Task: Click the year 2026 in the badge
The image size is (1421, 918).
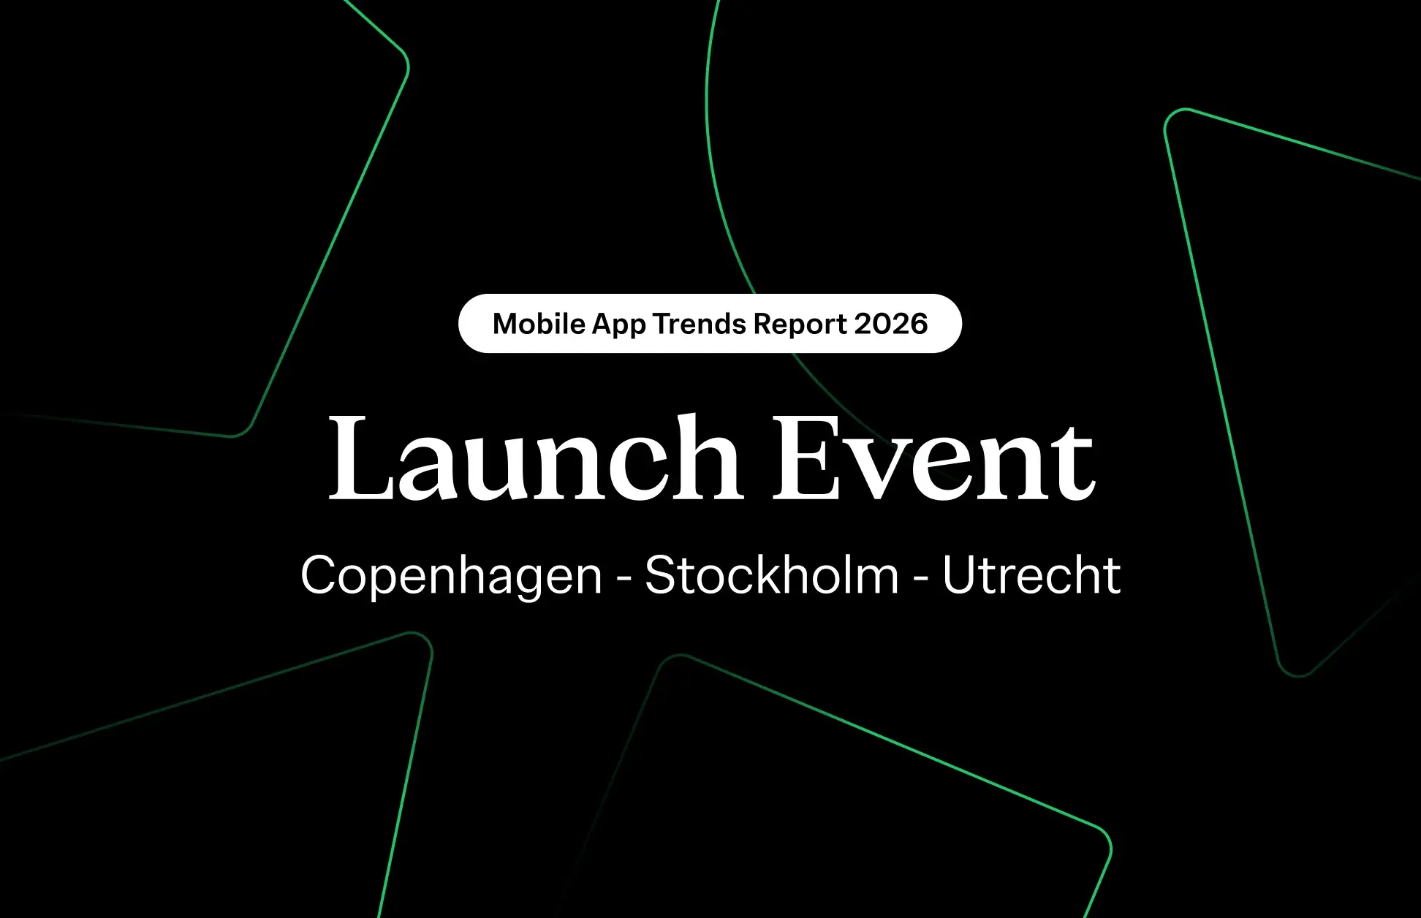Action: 891,324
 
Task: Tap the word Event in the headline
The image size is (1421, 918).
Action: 934,458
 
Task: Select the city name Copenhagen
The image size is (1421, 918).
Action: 451,576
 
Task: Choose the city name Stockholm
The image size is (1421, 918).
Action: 772,575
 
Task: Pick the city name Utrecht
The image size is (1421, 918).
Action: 1031,575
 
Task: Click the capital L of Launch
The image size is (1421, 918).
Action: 359,458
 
